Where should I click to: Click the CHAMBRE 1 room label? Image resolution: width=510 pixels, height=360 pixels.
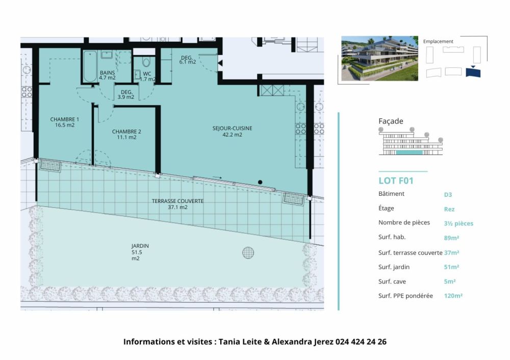pos(64,122)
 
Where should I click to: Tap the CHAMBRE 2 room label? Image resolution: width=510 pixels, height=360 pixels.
pos(126,134)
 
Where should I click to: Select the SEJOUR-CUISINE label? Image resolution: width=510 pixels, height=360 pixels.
pos(233,132)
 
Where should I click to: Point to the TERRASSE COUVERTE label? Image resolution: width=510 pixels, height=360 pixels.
pos(177,204)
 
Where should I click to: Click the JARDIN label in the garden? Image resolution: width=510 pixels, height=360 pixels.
pos(140,251)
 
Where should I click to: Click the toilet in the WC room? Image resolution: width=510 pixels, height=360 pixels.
pos(146,63)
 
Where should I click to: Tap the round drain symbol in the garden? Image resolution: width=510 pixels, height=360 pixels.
pos(248,252)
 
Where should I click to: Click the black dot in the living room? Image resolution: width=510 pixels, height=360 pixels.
pos(260,182)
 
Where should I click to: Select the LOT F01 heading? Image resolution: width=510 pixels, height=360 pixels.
pos(396,181)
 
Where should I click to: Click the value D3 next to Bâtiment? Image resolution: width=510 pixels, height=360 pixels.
pos(448,194)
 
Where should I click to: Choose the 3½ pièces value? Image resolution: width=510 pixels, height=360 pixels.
pos(458,223)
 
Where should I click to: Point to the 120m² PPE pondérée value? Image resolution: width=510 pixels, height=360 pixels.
pos(453,296)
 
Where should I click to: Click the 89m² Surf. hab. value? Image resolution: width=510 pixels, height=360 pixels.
pos(451,238)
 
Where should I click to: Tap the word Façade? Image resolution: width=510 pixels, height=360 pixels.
pos(391,121)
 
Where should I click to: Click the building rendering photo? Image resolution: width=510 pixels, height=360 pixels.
pos(379,58)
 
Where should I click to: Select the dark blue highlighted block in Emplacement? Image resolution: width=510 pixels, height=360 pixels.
pos(473,72)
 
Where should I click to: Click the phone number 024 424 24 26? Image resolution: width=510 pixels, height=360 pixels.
pos(361,342)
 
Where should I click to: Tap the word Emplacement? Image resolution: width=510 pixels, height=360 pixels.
pos(438,41)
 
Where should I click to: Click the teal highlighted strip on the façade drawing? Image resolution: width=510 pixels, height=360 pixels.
pos(409,152)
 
